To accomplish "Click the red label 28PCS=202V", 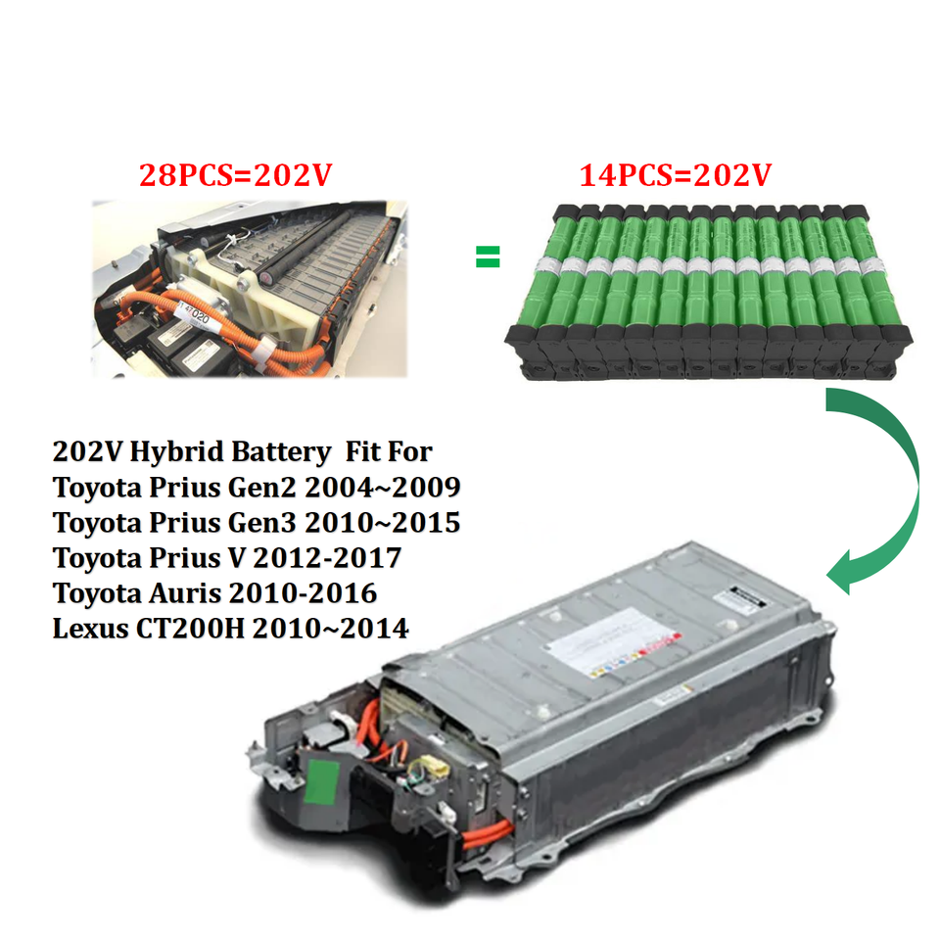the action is pos(236,175).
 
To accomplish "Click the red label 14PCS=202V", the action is pos(675,175).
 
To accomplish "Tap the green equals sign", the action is pos(488,257).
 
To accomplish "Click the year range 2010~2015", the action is pos(383,523).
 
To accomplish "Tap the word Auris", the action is pos(185,593).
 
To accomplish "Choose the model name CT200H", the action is pos(190,629).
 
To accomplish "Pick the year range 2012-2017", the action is pos(327,558).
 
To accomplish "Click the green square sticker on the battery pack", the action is pos(322,782).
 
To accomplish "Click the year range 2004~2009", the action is pos(383,488).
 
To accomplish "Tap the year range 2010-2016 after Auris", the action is pos(304,593).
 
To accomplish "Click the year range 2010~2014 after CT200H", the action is pos(330,629).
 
